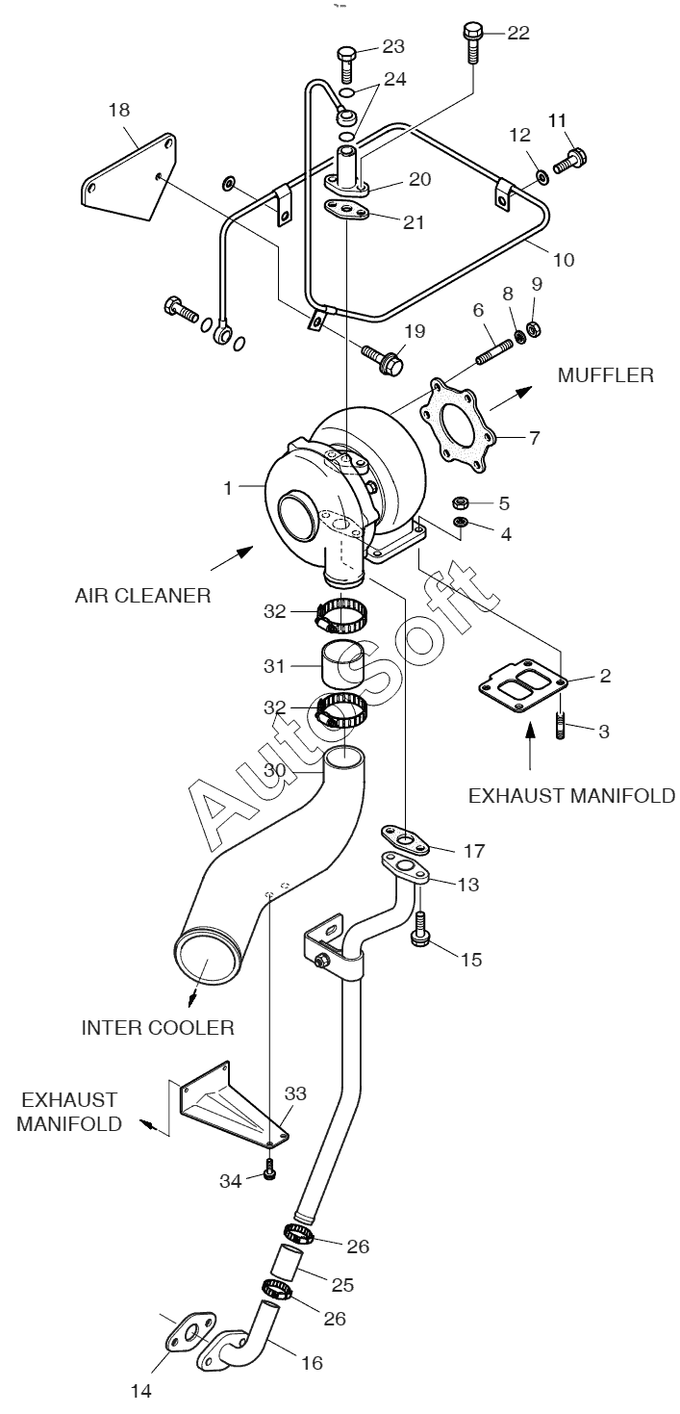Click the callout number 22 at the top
tap(517, 34)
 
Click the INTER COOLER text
tap(158, 1027)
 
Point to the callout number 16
tap(312, 1362)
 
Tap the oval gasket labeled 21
tap(345, 212)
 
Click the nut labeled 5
tap(461, 502)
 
